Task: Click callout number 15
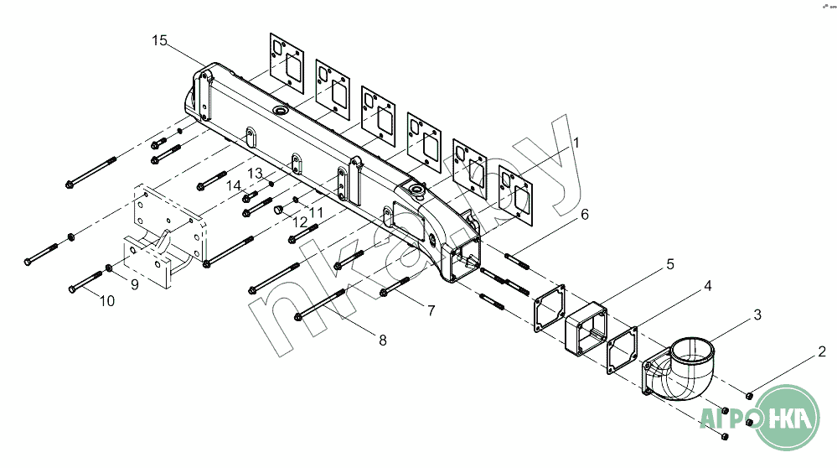160,41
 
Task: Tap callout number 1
576,143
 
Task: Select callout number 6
584,215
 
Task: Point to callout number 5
669,264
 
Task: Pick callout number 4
707,286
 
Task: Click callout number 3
757,315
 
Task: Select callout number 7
431,311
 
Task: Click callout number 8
382,340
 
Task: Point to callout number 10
107,301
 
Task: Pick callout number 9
134,284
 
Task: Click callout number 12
299,221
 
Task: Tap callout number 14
233,185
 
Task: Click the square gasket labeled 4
623,349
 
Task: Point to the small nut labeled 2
750,395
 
